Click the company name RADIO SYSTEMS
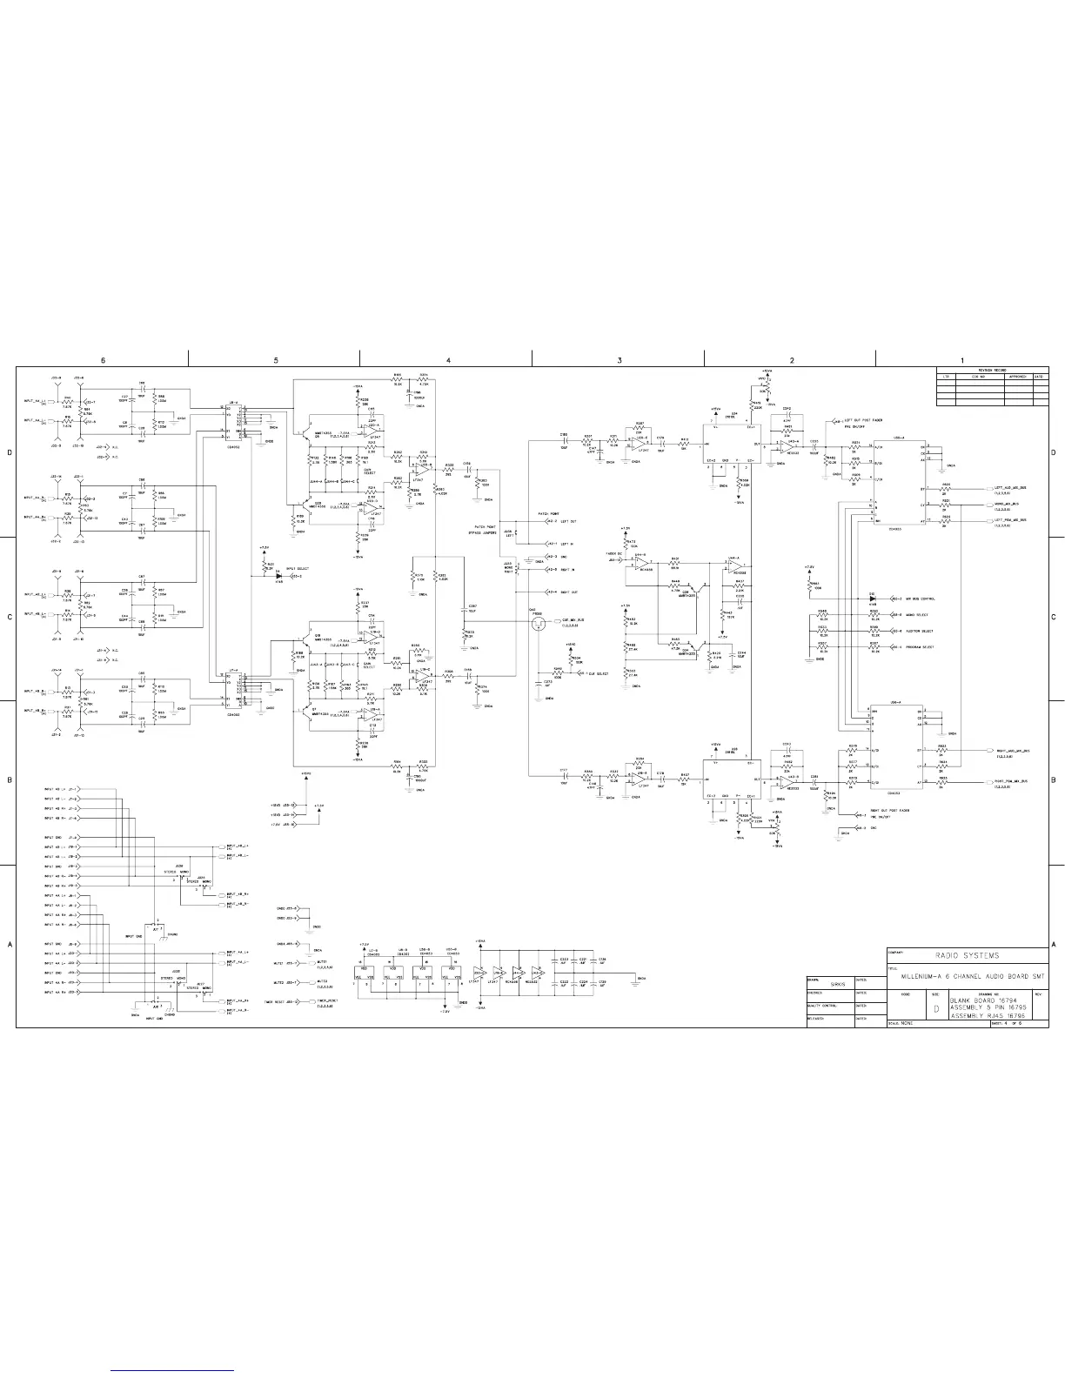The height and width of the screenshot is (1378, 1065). point(967,955)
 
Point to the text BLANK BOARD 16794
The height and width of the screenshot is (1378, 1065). point(981,1001)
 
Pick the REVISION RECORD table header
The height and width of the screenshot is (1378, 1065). point(992,370)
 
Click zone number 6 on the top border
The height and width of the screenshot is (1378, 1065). point(103,359)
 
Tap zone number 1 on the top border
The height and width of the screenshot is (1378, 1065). point(962,359)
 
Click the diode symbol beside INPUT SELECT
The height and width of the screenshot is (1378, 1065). point(278,576)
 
